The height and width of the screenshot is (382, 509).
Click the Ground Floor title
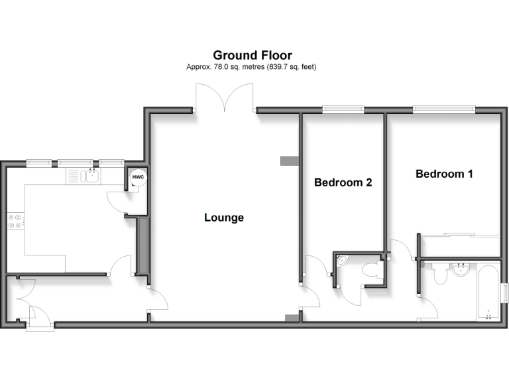[x=252, y=56]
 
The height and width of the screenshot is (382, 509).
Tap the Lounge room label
[x=224, y=218]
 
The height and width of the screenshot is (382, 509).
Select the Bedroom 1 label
[x=444, y=174]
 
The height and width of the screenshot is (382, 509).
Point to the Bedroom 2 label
[x=343, y=182]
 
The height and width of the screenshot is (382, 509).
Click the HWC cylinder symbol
[x=138, y=179]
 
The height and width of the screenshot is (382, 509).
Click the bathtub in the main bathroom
[x=488, y=292]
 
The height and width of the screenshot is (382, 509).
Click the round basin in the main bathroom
[x=461, y=270]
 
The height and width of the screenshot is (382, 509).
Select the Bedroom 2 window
[x=343, y=109]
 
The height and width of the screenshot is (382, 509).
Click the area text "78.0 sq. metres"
[x=225, y=67]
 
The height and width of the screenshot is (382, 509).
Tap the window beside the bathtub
[x=505, y=292]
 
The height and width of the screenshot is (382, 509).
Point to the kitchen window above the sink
[x=74, y=162]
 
